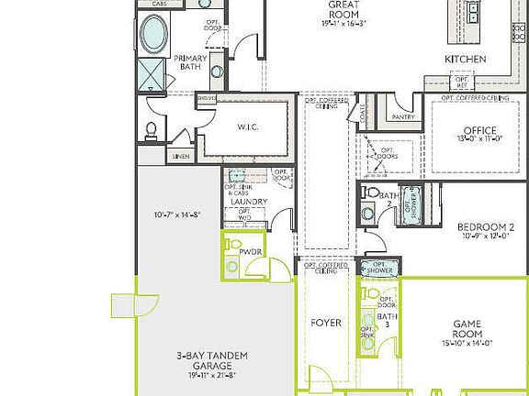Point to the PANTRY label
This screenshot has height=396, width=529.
(402, 117)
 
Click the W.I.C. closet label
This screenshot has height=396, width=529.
(246, 127)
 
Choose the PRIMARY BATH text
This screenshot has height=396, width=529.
(191, 63)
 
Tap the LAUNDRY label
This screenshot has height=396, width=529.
(249, 202)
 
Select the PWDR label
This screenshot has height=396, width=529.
(251, 250)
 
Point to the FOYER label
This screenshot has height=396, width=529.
(325, 324)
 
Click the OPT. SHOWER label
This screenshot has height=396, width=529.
(378, 269)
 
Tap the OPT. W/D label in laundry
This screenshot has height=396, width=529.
(245, 215)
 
